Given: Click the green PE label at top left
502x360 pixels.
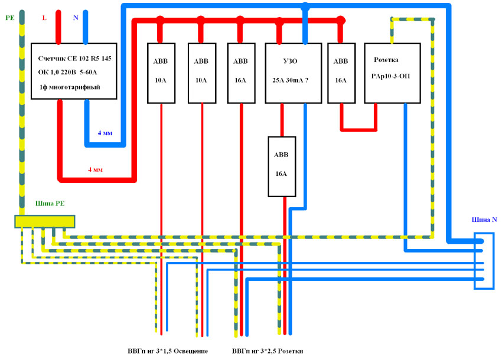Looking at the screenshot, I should pyautogui.click(x=9, y=18).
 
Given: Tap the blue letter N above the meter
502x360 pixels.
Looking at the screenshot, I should pyautogui.click(x=75, y=18).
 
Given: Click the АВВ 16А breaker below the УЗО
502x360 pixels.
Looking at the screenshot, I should pyautogui.click(x=281, y=166).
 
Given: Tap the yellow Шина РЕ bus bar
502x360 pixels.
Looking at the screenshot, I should pyautogui.click(x=45, y=221).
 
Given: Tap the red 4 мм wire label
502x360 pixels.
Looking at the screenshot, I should pyautogui.click(x=95, y=169).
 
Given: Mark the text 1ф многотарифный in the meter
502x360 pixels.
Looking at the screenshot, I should pyautogui.click(x=69, y=87).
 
